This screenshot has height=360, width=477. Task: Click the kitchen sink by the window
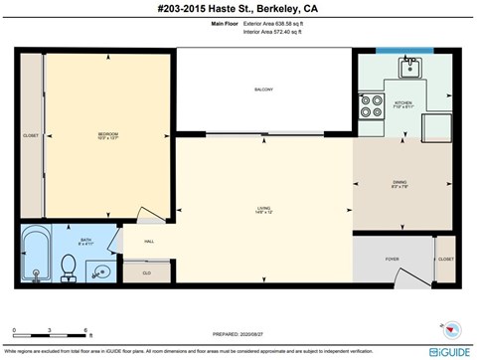point(407,69)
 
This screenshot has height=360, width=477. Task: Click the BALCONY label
point(263,90)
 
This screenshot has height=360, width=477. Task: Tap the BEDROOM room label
point(108,134)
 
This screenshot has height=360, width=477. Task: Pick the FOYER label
point(392,259)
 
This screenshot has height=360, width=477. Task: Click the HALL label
point(148,242)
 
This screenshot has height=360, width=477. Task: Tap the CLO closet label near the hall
point(146,271)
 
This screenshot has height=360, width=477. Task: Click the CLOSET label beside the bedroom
point(31,135)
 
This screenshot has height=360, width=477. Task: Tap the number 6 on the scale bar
point(87,329)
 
